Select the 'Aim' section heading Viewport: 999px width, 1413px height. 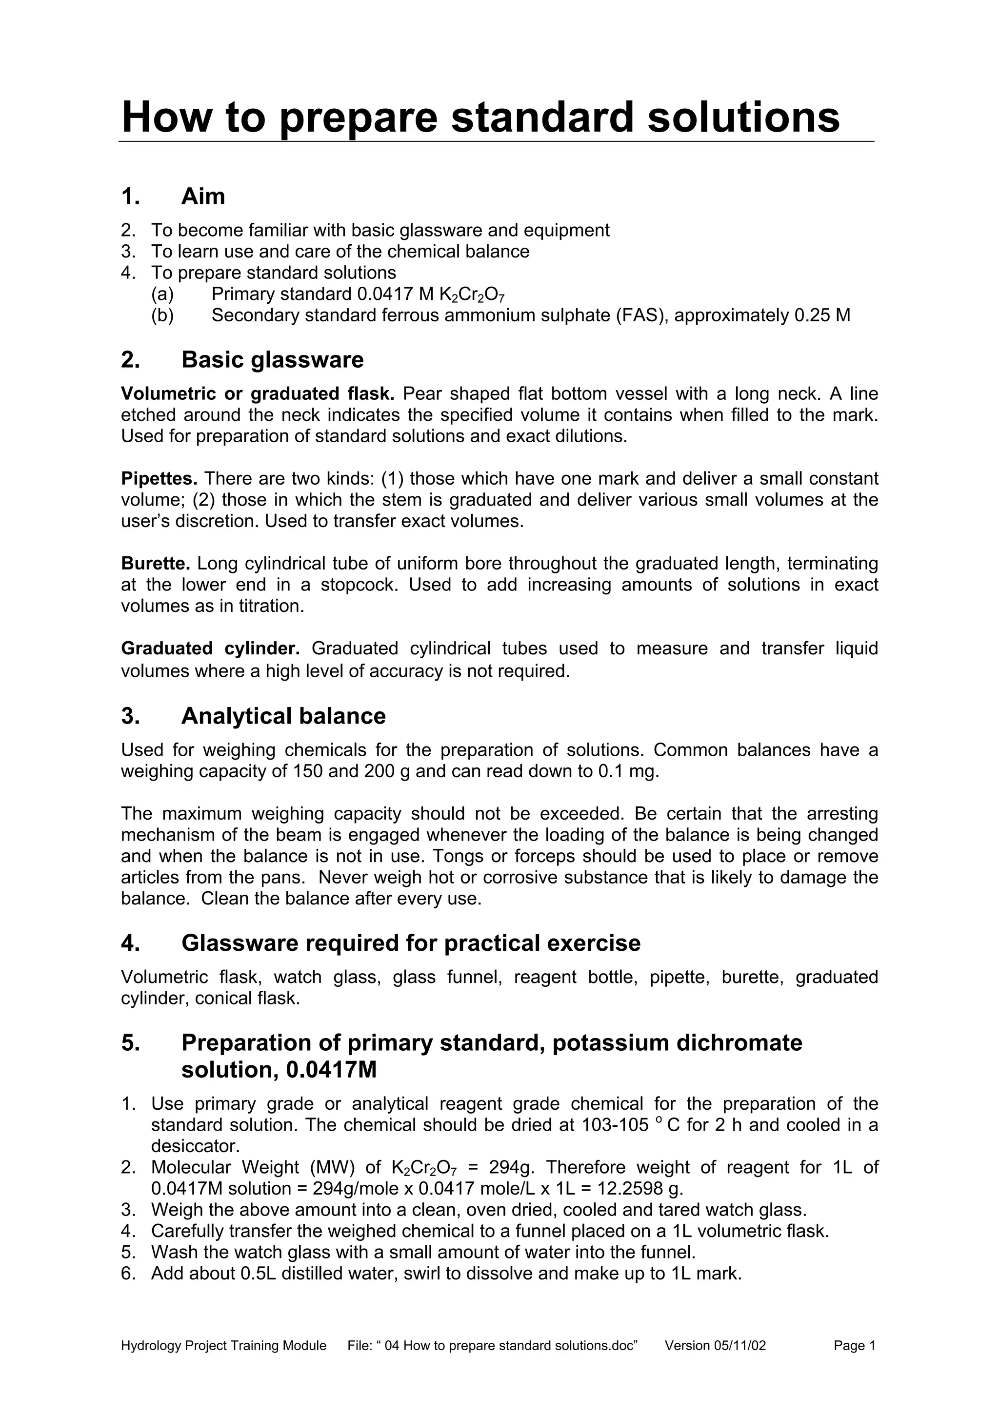tap(203, 197)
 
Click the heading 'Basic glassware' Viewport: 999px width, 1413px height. tap(272, 360)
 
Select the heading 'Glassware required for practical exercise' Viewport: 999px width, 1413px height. tap(411, 943)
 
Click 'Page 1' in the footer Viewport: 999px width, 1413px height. tap(854, 1346)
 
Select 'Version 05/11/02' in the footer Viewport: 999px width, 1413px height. tap(715, 1346)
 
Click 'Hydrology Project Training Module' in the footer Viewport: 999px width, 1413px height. tap(223, 1346)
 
